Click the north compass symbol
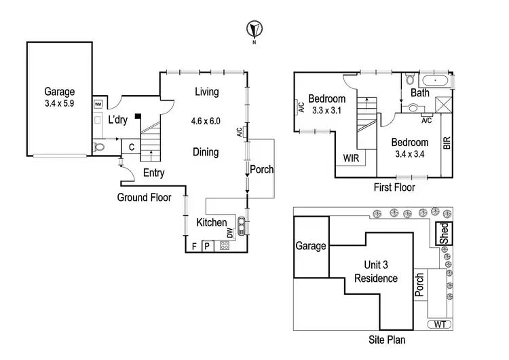254,29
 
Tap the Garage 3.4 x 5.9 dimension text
60,105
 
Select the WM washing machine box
98,104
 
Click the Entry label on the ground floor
154,173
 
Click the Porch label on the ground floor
261,169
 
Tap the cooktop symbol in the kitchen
225,246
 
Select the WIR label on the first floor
351,158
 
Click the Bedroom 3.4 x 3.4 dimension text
409,154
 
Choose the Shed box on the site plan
444,234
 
